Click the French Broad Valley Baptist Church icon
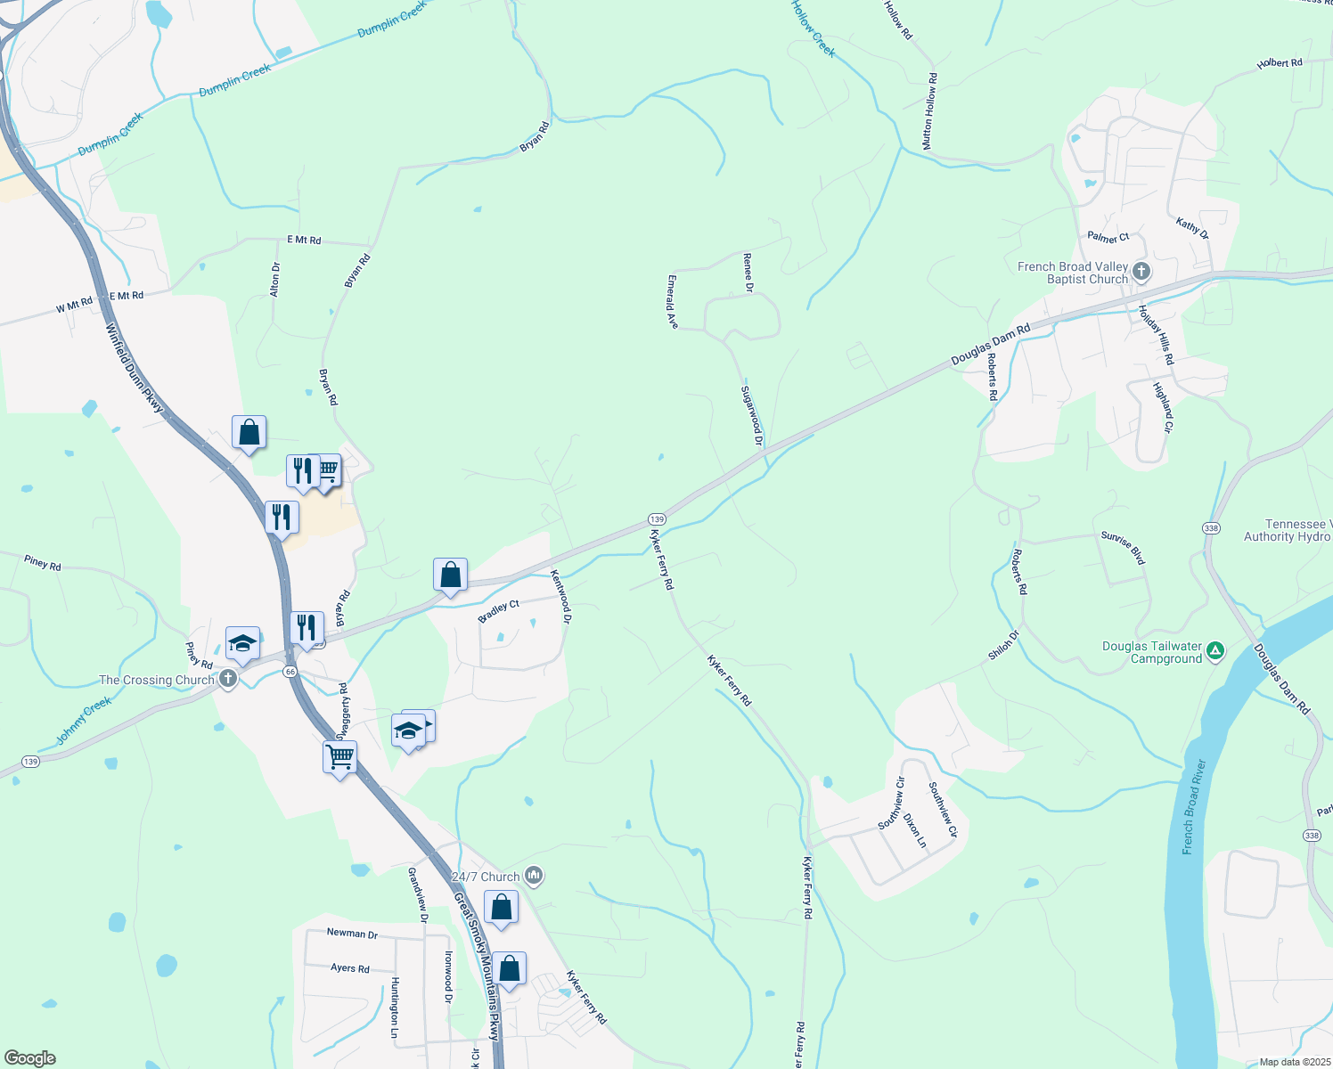click(1141, 272)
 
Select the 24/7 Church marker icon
click(534, 877)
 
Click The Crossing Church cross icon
click(228, 680)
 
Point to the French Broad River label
click(1193, 807)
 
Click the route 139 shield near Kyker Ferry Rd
click(657, 518)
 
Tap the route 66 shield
click(290, 672)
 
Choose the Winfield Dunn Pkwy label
click(135, 368)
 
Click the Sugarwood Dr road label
click(752, 415)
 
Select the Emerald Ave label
click(672, 301)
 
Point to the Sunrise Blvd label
click(1123, 547)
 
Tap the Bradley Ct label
click(499, 612)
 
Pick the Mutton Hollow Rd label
click(929, 110)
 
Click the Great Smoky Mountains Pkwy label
click(477, 967)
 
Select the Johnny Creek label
click(84, 721)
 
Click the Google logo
click(30, 1058)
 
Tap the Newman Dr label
click(352, 934)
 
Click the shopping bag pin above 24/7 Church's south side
click(501, 908)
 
